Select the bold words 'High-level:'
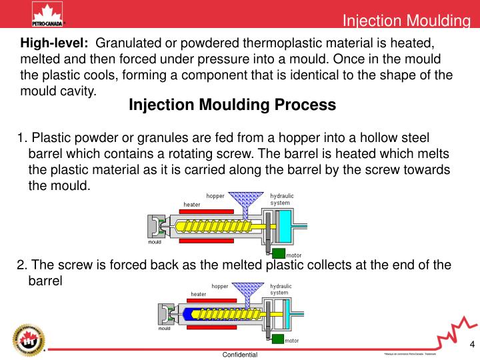coord(54,43)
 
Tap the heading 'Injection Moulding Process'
coord(232,105)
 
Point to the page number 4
coord(472,345)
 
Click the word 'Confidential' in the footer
coord(240,355)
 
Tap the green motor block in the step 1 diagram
coord(279,253)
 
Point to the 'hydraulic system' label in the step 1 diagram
coord(281,199)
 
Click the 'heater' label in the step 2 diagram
coord(198,294)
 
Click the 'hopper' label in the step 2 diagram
coord(220,286)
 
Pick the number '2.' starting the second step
coord(21,265)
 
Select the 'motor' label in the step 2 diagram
coord(292,341)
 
